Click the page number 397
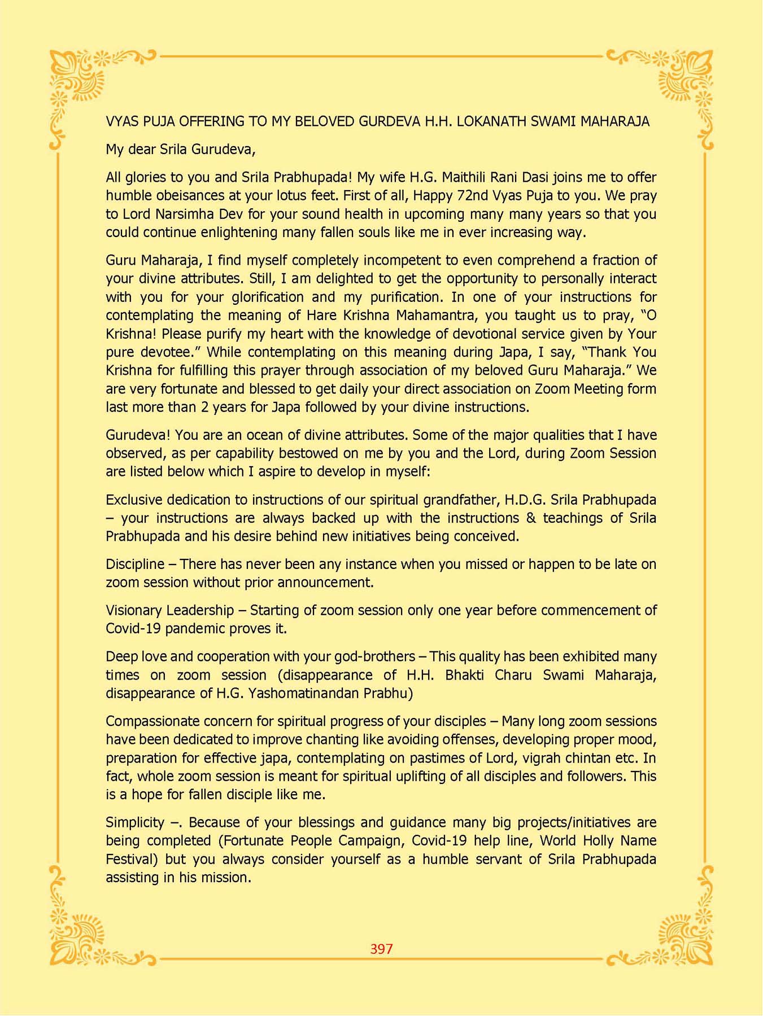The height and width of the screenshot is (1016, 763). click(x=381, y=949)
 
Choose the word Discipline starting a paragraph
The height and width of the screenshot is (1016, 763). click(x=134, y=564)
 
